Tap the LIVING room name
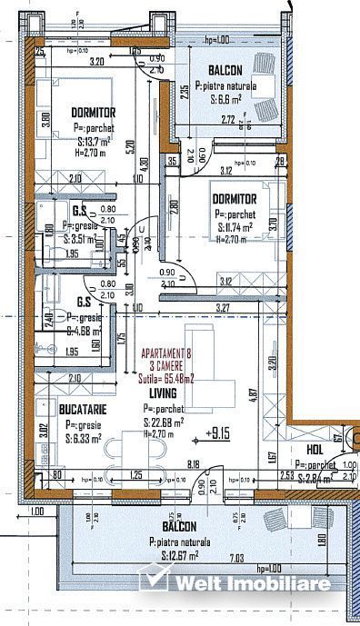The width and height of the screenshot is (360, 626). pos(163,393)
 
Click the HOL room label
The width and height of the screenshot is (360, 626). pos(315,448)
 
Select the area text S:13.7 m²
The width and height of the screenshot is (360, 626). pos(94,142)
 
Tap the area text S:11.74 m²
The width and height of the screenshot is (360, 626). pos(236,227)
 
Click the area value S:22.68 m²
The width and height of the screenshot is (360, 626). pos(164,422)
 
